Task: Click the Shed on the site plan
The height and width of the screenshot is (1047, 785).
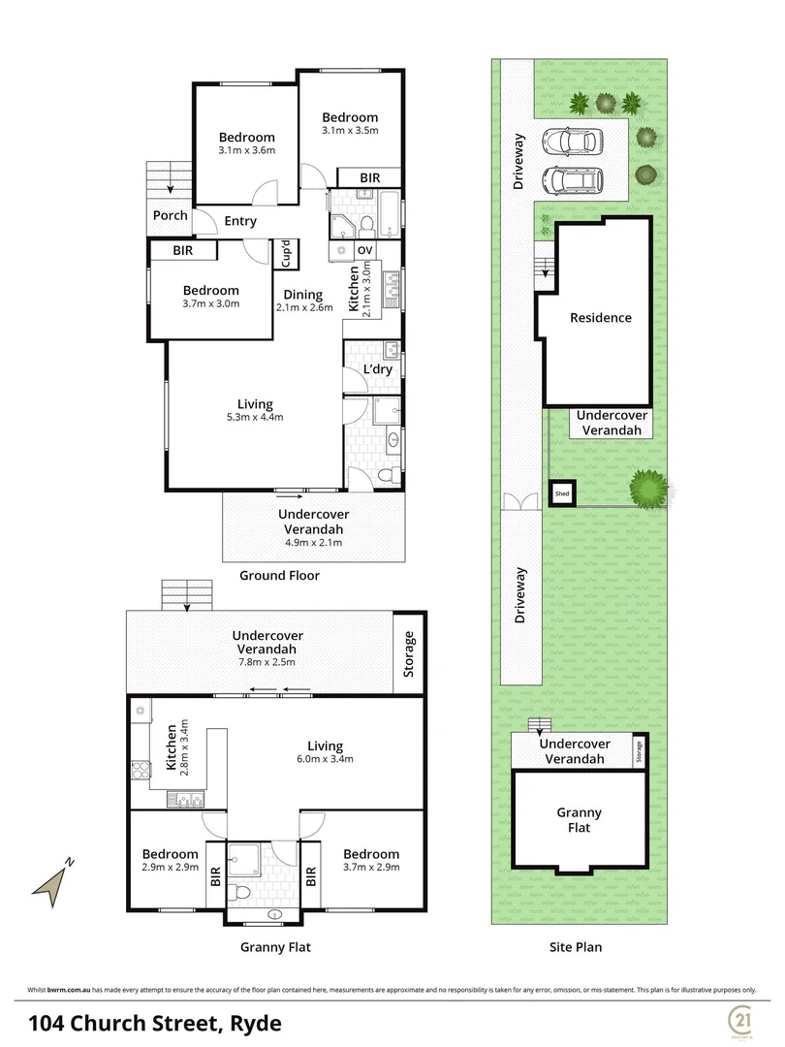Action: [x=562, y=493]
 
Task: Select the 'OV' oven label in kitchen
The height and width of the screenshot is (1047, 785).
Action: [x=365, y=249]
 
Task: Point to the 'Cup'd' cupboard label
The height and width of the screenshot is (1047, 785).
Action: [x=287, y=253]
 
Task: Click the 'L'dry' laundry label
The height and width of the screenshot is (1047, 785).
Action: [x=377, y=370]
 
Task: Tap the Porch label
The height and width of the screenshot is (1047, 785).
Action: [x=171, y=215]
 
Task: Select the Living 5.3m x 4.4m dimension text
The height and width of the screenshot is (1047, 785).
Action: [x=255, y=418]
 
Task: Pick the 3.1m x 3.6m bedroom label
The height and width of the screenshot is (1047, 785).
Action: [x=246, y=150]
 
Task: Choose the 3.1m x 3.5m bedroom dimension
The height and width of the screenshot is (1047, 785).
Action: [x=349, y=130]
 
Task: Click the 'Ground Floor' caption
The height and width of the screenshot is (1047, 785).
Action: [x=279, y=575]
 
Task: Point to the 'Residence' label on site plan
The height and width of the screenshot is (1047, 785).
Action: [x=600, y=318]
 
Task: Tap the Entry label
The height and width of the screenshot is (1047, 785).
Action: [x=240, y=221]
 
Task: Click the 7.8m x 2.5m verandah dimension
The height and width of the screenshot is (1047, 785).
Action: [x=264, y=662]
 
